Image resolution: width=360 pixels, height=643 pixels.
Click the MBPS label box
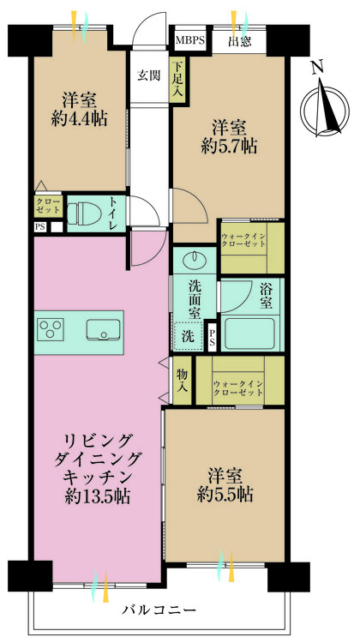(x=190, y=40)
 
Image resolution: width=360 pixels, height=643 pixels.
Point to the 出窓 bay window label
(x=239, y=40)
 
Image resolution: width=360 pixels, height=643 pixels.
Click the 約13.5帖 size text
(x=96, y=496)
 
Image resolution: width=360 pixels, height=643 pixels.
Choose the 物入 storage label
(x=182, y=381)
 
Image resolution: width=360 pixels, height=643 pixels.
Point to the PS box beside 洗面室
(x=213, y=337)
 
